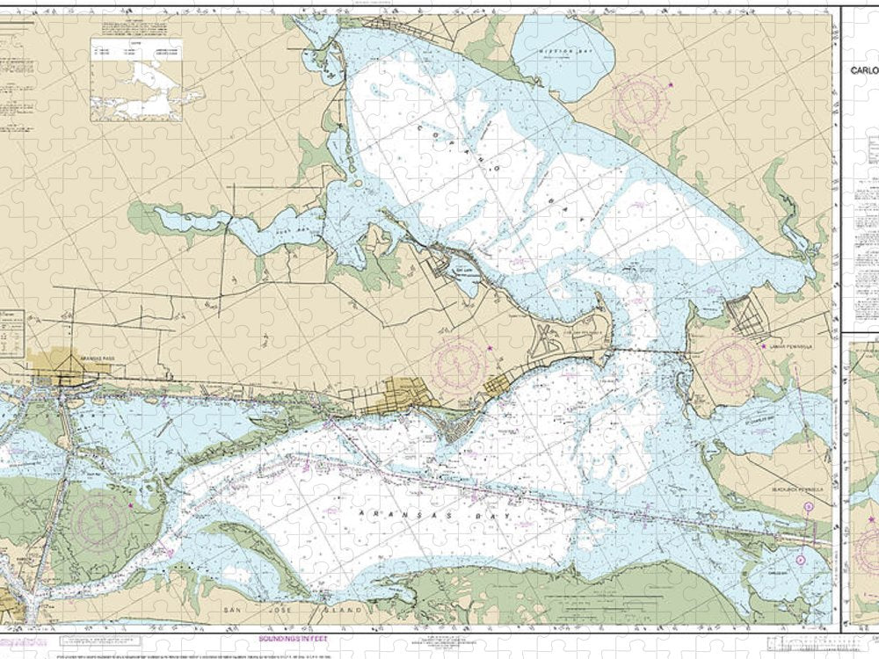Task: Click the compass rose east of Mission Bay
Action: (639, 101)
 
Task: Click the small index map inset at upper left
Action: (135, 79)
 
